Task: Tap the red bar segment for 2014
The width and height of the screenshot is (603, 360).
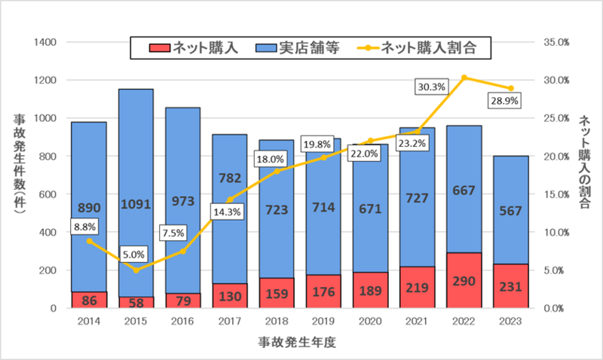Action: click(x=89, y=300)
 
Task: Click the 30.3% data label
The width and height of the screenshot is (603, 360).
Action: click(x=431, y=87)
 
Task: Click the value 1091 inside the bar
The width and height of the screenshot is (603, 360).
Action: click(x=136, y=203)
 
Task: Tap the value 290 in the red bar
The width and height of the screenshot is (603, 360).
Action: click(x=465, y=287)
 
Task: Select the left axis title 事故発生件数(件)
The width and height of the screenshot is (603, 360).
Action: click(x=20, y=166)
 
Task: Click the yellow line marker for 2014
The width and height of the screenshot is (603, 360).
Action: click(x=90, y=241)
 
